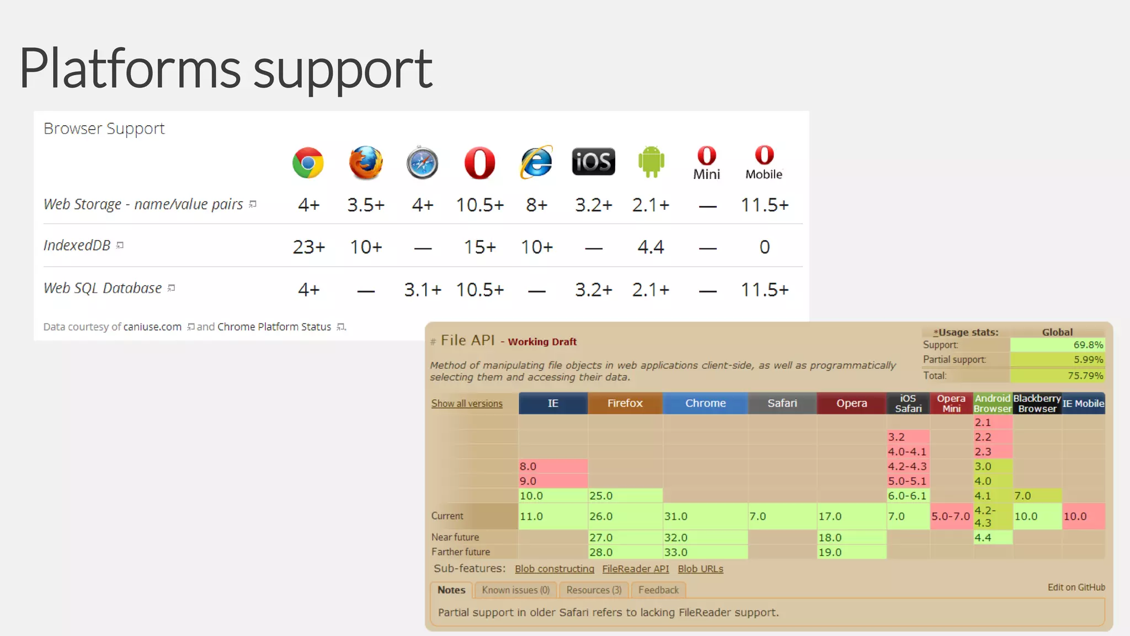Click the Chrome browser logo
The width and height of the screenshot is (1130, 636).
pyautogui.click(x=308, y=163)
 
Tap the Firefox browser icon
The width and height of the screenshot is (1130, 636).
pyautogui.click(x=366, y=163)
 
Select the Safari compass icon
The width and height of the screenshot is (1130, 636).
pyautogui.click(x=423, y=163)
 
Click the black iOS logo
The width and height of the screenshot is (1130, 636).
pyautogui.click(x=593, y=162)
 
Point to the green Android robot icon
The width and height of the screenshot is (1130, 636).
pyautogui.click(x=651, y=162)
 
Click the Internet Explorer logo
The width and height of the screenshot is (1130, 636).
pyautogui.click(x=536, y=162)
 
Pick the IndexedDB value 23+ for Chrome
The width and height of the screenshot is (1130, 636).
pyautogui.click(x=308, y=247)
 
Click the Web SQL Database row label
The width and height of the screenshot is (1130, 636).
pyautogui.click(x=103, y=288)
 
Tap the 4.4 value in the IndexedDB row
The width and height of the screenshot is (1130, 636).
pyautogui.click(x=651, y=247)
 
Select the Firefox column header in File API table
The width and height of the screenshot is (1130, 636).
pyautogui.click(x=625, y=403)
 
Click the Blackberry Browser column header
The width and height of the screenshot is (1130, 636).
pyautogui.click(x=1037, y=403)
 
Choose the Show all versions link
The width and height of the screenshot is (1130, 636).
pyautogui.click(x=467, y=404)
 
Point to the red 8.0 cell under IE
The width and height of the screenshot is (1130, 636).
pyautogui.click(x=552, y=467)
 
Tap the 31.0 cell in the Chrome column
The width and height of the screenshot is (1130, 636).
pyautogui.click(x=705, y=516)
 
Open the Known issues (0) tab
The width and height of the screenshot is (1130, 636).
pyautogui.click(x=515, y=590)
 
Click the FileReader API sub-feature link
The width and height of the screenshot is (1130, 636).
pyautogui.click(x=635, y=569)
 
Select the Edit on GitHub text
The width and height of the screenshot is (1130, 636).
pyautogui.click(x=1076, y=587)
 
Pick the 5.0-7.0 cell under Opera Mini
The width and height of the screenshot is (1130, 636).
pyautogui.click(x=951, y=516)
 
